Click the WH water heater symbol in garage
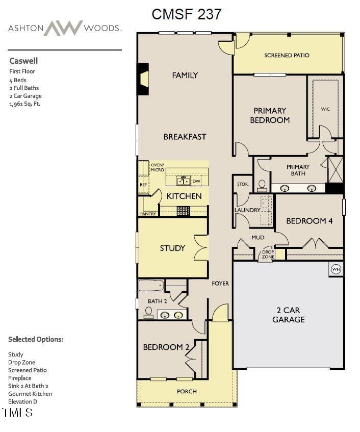pos(336,269)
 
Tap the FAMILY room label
pos(185,75)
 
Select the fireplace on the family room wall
pos(144,79)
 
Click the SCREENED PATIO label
pos(287,55)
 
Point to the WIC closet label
pos(325,109)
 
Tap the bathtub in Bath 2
pos(151,286)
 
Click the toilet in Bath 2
pos(148,312)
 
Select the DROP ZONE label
pos(268,254)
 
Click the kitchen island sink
pos(183,181)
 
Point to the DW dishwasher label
pos(196,181)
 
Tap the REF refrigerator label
pos(143,185)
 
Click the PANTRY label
pos(148,214)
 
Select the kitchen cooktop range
pos(183,210)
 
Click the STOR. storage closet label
pos(242,184)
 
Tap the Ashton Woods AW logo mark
pos(63,28)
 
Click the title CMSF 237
pos(187,14)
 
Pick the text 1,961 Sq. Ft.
pos(24,104)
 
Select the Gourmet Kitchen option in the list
pos(30,394)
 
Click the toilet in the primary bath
pos(263,185)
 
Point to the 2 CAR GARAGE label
pos(288,315)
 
